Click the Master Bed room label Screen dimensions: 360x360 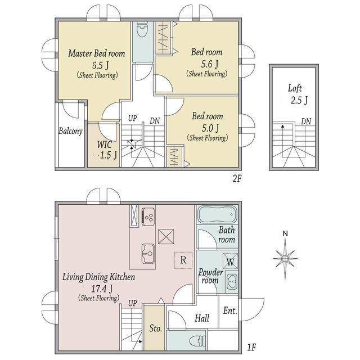[x=97, y=53]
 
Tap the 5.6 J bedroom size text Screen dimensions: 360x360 [x=210, y=64]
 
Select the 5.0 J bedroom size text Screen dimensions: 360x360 [x=210, y=128]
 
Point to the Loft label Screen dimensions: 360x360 [x=295, y=88]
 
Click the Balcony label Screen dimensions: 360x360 [x=70, y=131]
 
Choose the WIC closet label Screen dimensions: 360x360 [x=105, y=145]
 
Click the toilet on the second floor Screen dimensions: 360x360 [x=142, y=30]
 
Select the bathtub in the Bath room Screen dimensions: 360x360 [x=217, y=214]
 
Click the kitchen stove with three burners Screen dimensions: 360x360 [x=148, y=217]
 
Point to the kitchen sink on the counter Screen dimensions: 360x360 [x=148, y=254]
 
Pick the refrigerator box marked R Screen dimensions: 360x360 [x=183, y=260]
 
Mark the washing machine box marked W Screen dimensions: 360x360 [x=230, y=261]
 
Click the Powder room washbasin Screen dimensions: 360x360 [x=231, y=281]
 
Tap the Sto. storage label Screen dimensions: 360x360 [x=156, y=328]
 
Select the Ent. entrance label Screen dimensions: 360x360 [x=230, y=310]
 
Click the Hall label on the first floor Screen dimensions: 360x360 [x=202, y=318]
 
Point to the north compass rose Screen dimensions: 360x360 [x=285, y=258]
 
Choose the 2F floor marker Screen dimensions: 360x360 [x=237, y=178]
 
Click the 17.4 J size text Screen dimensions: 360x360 [x=102, y=289]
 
